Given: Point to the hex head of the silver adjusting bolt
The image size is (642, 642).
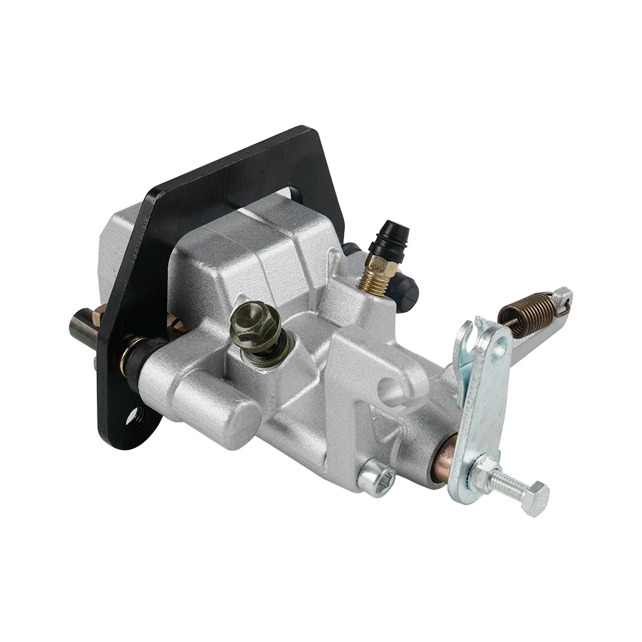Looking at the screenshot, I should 535,497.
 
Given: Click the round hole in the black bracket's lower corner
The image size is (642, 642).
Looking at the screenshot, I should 134,417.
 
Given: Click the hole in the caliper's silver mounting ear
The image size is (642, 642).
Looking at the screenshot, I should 390,390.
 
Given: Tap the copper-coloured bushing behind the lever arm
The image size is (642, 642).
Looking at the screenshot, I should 444,458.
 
